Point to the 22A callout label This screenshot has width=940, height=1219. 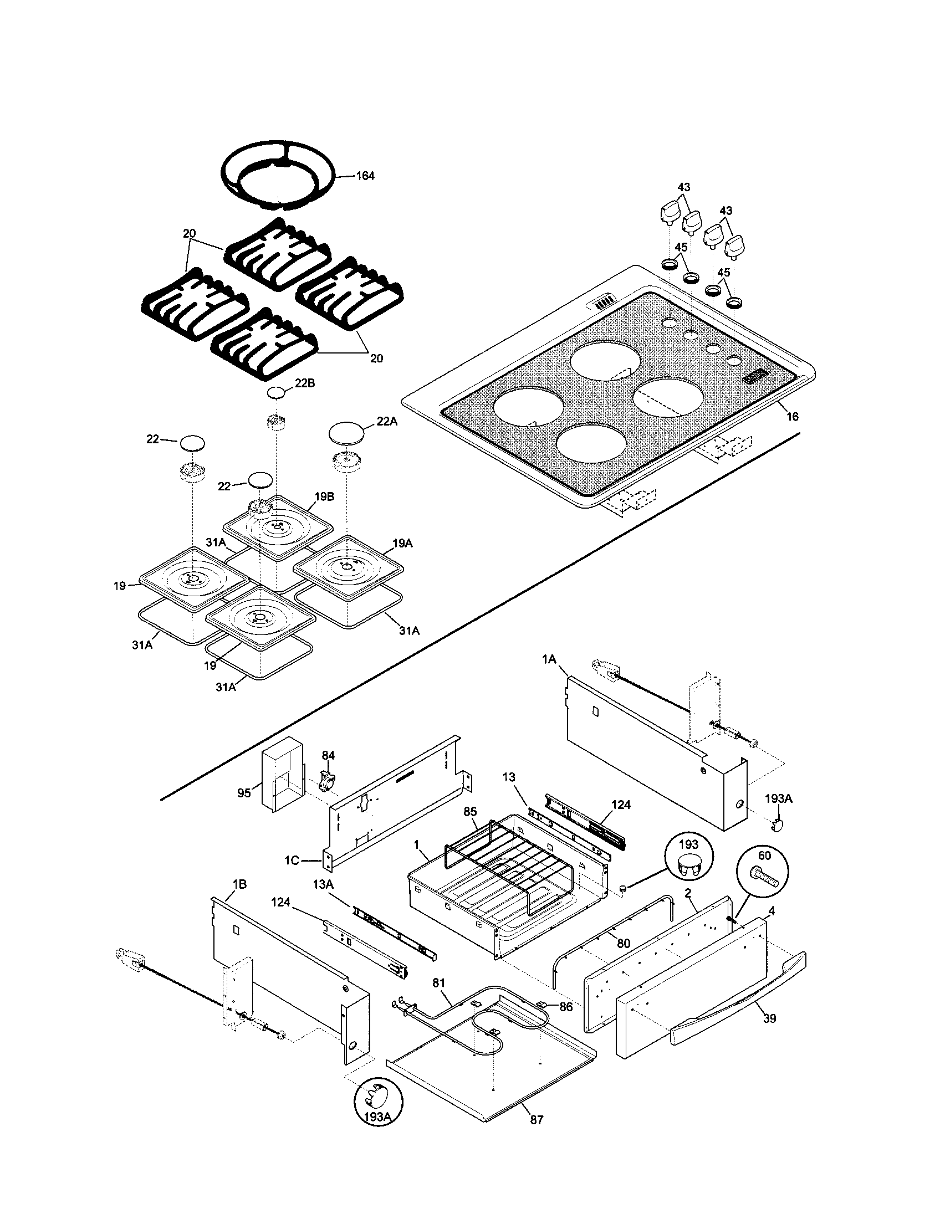coord(387,422)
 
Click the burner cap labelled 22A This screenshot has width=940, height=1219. coord(346,432)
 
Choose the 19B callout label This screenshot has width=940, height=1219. coord(324,497)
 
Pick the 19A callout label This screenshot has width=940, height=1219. coord(402,543)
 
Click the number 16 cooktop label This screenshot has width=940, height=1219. coord(793,416)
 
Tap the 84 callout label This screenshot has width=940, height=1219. coord(328,755)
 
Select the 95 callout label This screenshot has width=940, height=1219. coord(244,792)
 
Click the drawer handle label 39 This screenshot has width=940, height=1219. coord(770,1018)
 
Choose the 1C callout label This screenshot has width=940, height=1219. coord(292,860)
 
